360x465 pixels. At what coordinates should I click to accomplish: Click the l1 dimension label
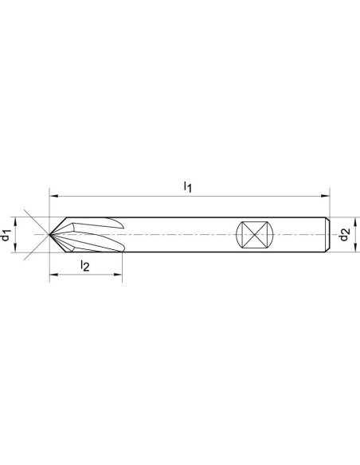tap(188, 187)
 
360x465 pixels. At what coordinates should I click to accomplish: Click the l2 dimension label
tap(84, 265)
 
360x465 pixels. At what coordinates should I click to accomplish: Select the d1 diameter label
tap(6, 235)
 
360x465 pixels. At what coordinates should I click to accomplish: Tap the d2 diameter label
tap(344, 234)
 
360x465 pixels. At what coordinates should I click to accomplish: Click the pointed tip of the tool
tap(49, 234)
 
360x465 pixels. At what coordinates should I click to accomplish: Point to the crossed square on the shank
tap(255, 234)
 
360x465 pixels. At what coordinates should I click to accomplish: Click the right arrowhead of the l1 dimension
tap(326, 196)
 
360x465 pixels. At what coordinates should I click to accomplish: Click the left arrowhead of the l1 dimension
tap(53, 196)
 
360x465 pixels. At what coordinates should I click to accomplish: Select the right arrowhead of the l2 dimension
tap(118, 275)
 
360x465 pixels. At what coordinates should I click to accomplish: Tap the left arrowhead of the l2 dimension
tap(53, 275)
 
